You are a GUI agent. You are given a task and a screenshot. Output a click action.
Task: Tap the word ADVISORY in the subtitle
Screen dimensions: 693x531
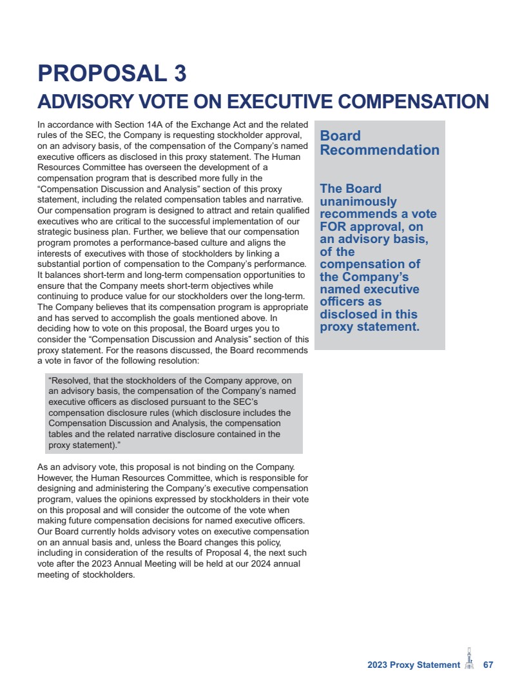[79, 102]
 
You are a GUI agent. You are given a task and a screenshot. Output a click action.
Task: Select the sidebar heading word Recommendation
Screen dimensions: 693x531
[380, 150]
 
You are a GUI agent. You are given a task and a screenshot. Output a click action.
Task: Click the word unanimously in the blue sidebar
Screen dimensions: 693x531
[358, 201]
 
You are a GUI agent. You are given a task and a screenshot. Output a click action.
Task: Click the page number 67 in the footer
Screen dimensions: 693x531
[488, 665]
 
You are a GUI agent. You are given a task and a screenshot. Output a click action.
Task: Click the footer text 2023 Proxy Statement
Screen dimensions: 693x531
[414, 665]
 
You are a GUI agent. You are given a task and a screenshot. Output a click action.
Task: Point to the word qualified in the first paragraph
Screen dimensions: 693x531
[291, 210]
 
